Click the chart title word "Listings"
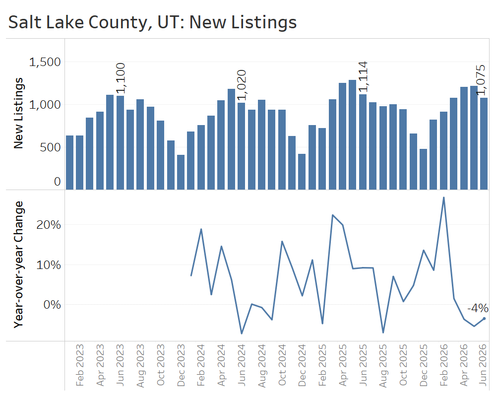(x=263, y=23)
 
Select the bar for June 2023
(x=120, y=143)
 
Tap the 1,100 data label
(x=121, y=78)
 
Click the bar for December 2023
(x=181, y=172)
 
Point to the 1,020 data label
(x=242, y=85)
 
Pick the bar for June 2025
(x=363, y=142)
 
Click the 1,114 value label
(x=363, y=77)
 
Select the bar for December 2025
(x=423, y=169)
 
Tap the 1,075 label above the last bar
(x=481, y=80)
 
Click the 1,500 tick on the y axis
(x=45, y=62)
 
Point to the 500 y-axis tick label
(x=50, y=147)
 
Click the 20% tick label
(x=49, y=225)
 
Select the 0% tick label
(x=52, y=305)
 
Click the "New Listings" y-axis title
(x=18, y=113)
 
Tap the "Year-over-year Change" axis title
(x=18, y=265)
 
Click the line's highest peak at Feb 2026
(x=443, y=198)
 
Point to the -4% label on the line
(x=478, y=308)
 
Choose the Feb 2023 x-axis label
(x=80, y=365)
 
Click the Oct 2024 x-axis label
(x=282, y=365)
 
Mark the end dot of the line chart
(x=484, y=319)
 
